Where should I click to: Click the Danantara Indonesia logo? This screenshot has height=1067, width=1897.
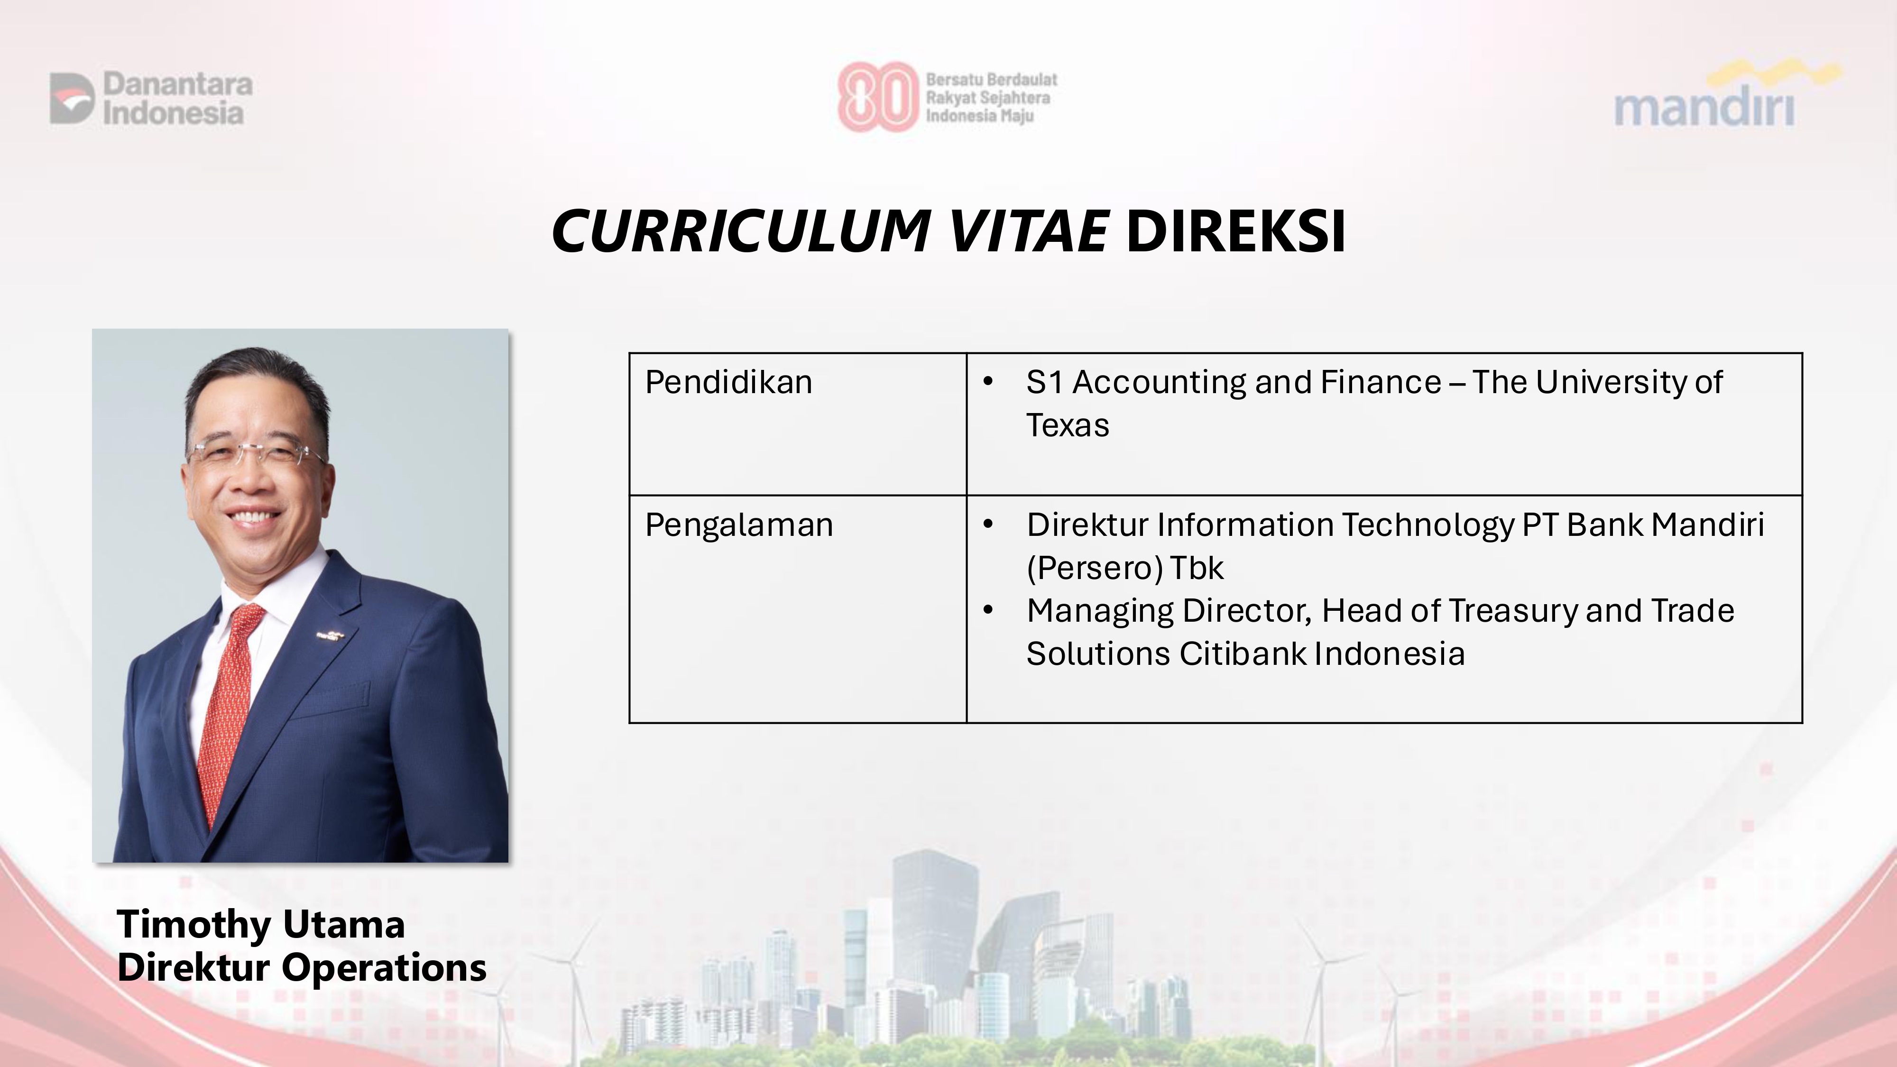[x=151, y=99]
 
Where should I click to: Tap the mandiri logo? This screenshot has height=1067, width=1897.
[x=1726, y=96]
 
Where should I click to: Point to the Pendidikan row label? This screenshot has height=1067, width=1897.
[x=728, y=382]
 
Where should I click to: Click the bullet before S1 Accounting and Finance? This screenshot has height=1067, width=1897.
[x=988, y=381]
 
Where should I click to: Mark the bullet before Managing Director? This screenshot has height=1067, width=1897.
[x=988, y=610]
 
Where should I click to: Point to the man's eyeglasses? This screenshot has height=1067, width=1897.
[x=254, y=453]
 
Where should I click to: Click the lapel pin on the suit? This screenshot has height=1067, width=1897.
[x=329, y=635]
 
